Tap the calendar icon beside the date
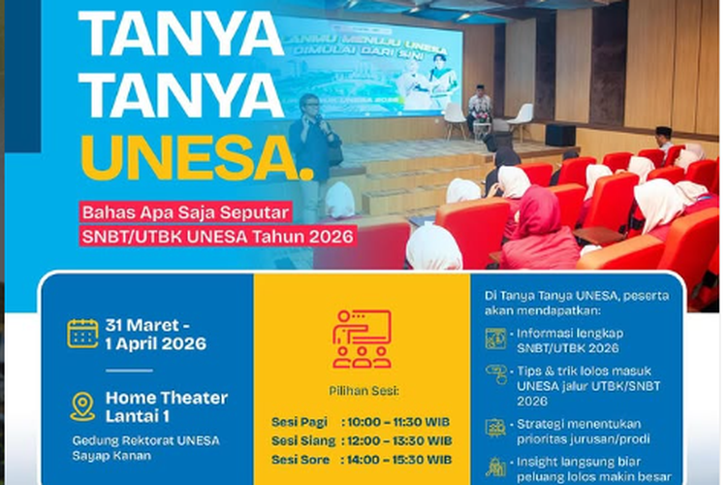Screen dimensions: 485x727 pyautogui.click(x=82, y=333)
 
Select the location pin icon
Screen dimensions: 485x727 pyautogui.click(x=82, y=405)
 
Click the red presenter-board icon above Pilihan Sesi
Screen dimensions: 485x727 pyautogui.click(x=362, y=339)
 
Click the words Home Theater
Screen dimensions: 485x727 pyautogui.click(x=167, y=398)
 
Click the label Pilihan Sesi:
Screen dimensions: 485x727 pyautogui.click(x=362, y=393)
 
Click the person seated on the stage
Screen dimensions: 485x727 pyautogui.click(x=479, y=109)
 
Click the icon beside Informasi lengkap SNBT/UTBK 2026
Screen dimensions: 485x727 pyautogui.click(x=495, y=338)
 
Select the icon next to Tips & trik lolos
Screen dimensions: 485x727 pyautogui.click(x=495, y=376)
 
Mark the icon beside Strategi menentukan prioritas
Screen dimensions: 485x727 pyautogui.click(x=495, y=428)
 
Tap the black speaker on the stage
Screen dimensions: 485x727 pyautogui.click(x=559, y=135)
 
